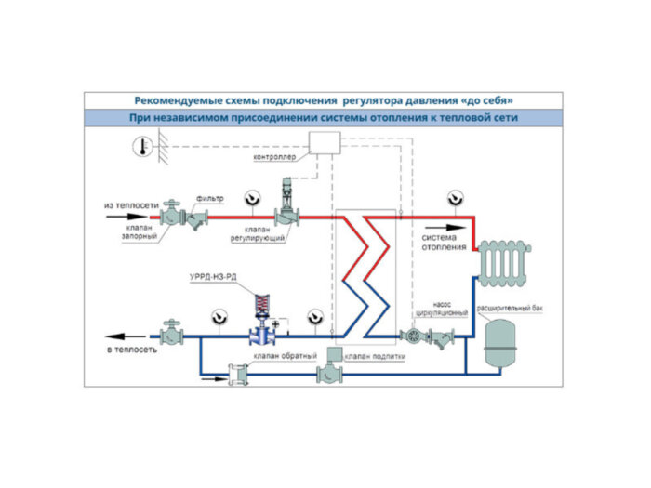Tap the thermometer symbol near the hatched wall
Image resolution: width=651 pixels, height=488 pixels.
point(138,146)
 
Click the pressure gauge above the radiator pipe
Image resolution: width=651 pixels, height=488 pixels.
point(454,199)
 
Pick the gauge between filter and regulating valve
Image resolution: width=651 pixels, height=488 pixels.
point(251,199)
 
